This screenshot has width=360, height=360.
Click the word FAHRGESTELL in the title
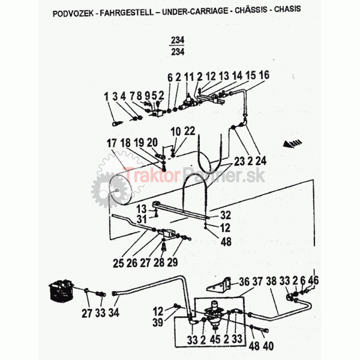coord(127,13)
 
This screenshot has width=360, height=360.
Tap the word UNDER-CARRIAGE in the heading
coord(195,11)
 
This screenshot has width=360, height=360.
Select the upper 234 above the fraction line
coord(178,40)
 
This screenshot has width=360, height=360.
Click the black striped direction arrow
coord(292,143)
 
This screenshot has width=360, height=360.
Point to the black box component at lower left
coord(61,290)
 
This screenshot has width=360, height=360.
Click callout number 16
coord(264,75)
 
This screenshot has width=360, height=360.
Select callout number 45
coord(215,340)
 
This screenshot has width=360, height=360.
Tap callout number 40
coord(268,346)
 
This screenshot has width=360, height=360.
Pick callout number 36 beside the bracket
coord(244,282)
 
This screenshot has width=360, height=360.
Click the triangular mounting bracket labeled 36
coord(219,286)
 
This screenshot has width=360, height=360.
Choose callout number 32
coord(226,215)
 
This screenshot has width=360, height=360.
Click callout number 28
coord(159,262)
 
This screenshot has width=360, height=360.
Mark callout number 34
coord(114,313)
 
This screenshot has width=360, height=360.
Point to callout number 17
coord(112,143)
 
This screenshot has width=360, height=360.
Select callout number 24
coord(261,161)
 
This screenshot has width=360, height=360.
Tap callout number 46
coord(313,280)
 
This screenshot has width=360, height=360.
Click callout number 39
coord(158,322)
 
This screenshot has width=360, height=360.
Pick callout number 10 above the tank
coord(176,132)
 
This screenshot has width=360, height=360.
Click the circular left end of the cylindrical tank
coord(120,190)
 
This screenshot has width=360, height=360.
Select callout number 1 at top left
coord(106,97)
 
